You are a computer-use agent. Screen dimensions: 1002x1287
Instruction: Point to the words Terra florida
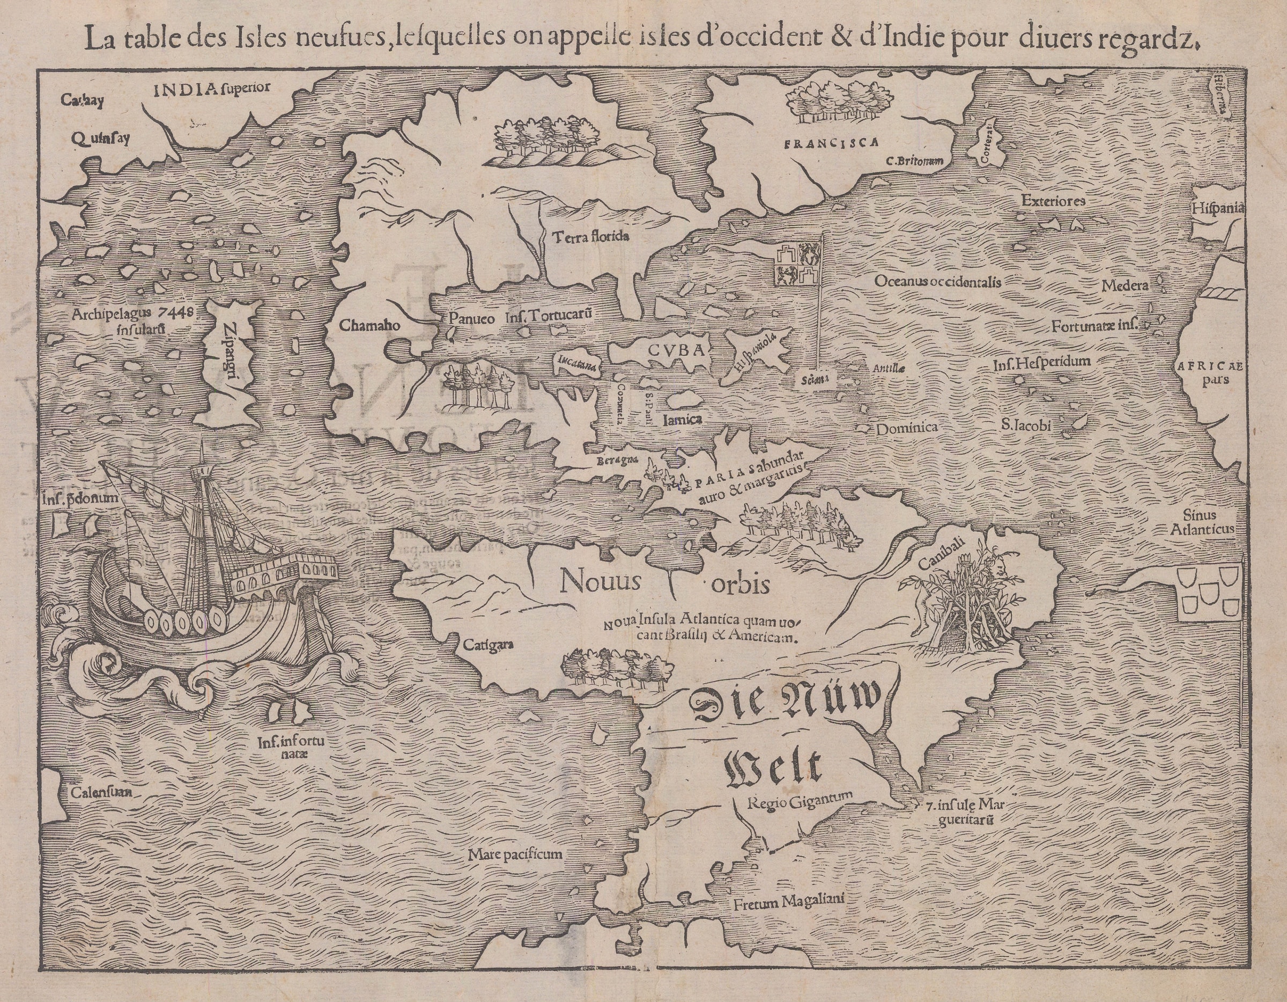(591, 237)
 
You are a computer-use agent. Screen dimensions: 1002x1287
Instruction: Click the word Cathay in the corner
(83, 100)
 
